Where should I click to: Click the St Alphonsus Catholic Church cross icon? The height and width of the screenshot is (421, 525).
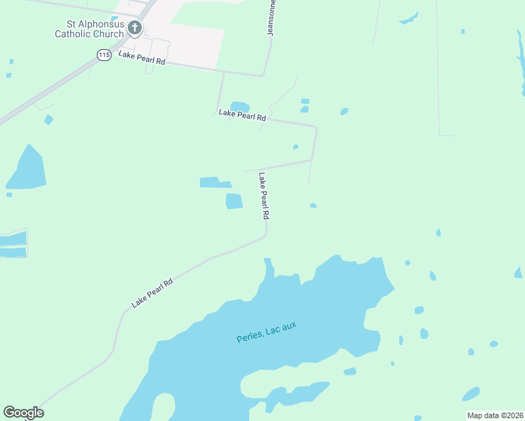pyautogui.click(x=135, y=28)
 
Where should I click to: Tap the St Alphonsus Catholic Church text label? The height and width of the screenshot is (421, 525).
pyautogui.click(x=91, y=28)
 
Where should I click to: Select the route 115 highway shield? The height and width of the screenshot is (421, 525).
pyautogui.click(x=104, y=55)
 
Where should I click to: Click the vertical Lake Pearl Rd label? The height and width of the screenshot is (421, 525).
pyautogui.click(x=264, y=197)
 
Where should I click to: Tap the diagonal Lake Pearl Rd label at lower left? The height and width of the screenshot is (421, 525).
pyautogui.click(x=152, y=294)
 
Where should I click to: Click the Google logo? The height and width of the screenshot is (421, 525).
pyautogui.click(x=23, y=413)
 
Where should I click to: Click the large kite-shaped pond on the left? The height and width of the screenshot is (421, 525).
pyautogui.click(x=27, y=169)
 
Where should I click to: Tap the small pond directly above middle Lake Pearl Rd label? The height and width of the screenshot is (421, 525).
pyautogui.click(x=240, y=106)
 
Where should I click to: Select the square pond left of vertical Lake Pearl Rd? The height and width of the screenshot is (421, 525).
pyautogui.click(x=234, y=201)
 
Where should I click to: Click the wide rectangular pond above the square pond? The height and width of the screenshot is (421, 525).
pyautogui.click(x=215, y=182)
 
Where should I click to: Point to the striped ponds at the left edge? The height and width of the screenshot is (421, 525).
pyautogui.click(x=13, y=243)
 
